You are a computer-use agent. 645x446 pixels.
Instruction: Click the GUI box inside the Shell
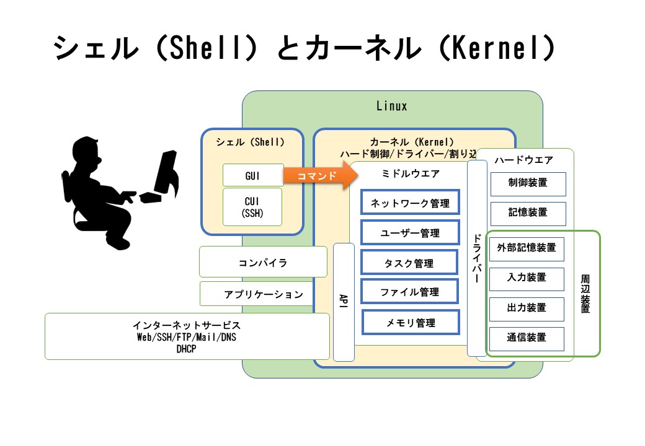pos(253,175)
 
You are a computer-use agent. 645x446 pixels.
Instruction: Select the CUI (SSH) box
pos(252,207)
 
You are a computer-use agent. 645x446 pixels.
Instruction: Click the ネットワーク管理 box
pos(410,203)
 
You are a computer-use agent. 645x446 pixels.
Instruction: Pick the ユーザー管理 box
pos(410,233)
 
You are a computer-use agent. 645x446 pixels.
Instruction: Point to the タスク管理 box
pos(410,263)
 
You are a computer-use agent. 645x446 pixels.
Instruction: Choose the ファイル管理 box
pos(410,292)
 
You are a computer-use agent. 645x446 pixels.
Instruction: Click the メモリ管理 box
pos(411,322)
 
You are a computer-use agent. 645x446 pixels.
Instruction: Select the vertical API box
pos(344,302)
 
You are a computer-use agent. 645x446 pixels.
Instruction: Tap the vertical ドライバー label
pos(477,258)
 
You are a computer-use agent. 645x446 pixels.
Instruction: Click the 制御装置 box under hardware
pos(528,183)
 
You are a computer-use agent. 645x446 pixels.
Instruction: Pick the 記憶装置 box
pos(528,212)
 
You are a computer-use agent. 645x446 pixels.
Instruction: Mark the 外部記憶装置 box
pos(527,248)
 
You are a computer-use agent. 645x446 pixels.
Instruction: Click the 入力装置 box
pos(527,278)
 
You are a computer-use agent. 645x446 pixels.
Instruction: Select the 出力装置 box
pos(527,308)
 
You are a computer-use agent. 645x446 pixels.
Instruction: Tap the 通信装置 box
pos(527,338)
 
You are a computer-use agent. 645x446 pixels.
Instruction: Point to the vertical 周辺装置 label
pos(585,294)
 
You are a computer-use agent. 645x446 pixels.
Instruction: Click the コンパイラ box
pos(263,262)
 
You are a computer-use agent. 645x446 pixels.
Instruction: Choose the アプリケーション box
pos(264,294)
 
